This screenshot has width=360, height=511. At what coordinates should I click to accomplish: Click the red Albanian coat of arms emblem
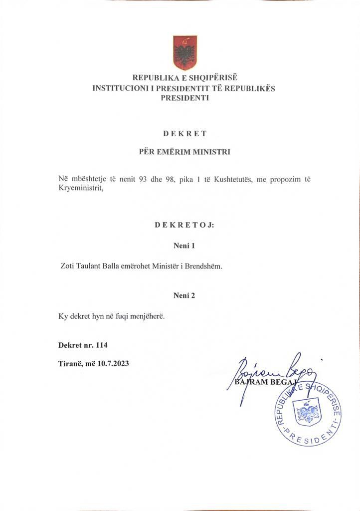(184, 52)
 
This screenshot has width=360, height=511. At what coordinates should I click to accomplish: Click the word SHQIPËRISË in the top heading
(211, 78)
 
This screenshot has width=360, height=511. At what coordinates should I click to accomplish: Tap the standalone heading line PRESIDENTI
(184, 98)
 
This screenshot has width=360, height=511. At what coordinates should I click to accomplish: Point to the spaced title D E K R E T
(184, 133)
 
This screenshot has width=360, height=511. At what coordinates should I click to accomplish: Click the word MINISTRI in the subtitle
(211, 152)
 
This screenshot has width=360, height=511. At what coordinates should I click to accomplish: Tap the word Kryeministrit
(81, 189)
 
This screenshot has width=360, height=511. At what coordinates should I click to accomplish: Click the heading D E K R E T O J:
(184, 225)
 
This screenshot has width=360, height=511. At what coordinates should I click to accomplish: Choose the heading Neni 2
(184, 295)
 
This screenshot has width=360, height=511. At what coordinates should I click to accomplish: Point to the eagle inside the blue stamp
(308, 413)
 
